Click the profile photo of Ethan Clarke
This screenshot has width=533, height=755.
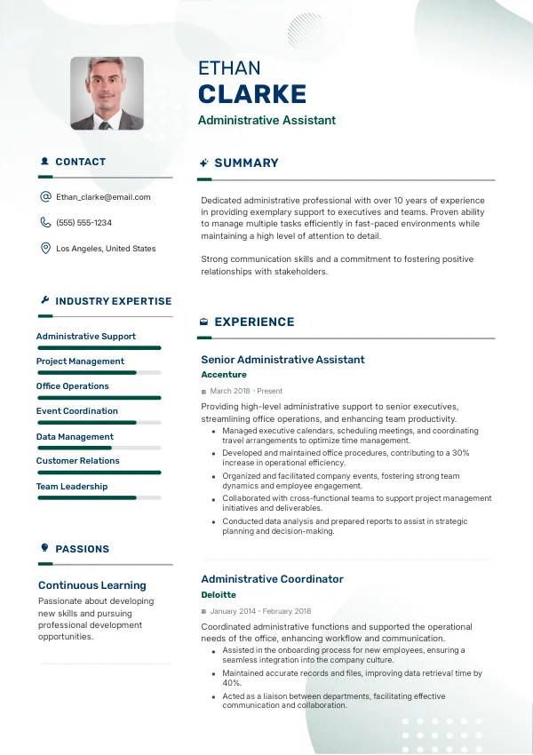tap(107, 93)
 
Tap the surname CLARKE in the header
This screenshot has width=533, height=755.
tap(252, 94)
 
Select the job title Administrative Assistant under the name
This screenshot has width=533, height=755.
tap(266, 121)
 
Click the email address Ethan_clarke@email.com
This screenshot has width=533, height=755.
tap(103, 197)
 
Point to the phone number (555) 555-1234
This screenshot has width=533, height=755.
tap(84, 223)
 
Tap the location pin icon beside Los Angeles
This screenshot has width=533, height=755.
tap(45, 249)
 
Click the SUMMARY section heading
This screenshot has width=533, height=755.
tap(246, 163)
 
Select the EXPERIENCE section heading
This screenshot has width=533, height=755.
tap(254, 322)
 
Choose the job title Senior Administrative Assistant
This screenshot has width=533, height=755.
tap(282, 360)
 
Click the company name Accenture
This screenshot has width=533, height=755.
tap(224, 375)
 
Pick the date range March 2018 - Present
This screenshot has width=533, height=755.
tap(246, 391)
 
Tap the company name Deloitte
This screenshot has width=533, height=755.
tap(219, 594)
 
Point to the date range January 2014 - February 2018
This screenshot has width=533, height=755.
tap(260, 611)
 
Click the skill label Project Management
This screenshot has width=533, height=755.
tap(80, 362)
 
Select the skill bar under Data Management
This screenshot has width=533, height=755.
tap(99, 448)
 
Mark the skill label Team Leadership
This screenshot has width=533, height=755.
tap(72, 487)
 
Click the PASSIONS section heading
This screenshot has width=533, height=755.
tap(82, 549)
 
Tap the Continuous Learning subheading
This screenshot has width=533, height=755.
tap(91, 585)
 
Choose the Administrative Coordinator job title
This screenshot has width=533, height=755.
tap(272, 579)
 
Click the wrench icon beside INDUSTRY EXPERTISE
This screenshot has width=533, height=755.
tap(44, 301)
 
